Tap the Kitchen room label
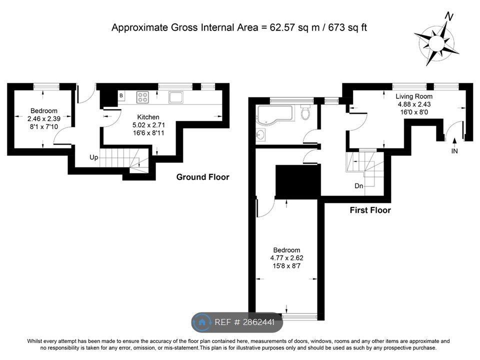pyautogui.click(x=148, y=117)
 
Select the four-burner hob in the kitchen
pyautogui.click(x=142, y=97)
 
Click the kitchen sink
pyautogui.click(x=175, y=97)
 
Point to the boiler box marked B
pyautogui.click(x=121, y=96)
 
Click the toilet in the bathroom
pyautogui.click(x=305, y=112)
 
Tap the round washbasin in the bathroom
pyautogui.click(x=260, y=134)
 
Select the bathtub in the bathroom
pyautogui.click(x=275, y=115)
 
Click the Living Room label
pyautogui.click(x=414, y=96)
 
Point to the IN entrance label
pyautogui.click(x=454, y=151)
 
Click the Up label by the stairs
pyautogui.click(x=93, y=157)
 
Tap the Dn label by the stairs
pyautogui.click(x=359, y=186)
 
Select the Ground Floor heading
pyautogui.click(x=202, y=177)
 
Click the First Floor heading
pyautogui.click(x=370, y=210)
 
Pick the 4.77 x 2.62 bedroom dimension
pyautogui.click(x=286, y=258)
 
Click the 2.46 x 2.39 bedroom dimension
pyautogui.click(x=44, y=118)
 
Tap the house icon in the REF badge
pyautogui.click(x=201, y=322)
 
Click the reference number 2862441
pyautogui.click(x=258, y=322)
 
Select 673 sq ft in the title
pyautogui.click(x=347, y=27)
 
